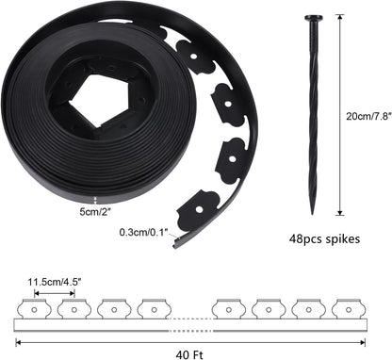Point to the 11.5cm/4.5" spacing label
54,281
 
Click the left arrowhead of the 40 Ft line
17,340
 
